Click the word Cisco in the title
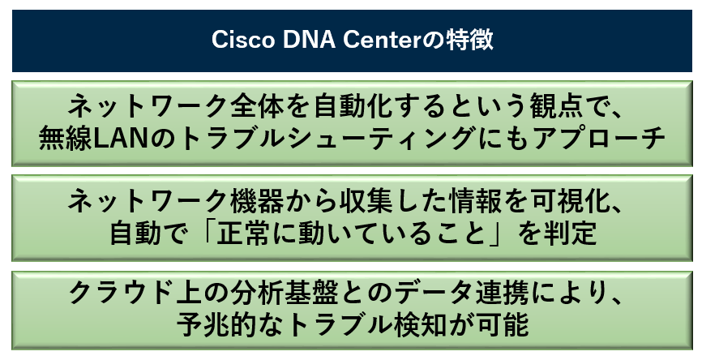(242, 40)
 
